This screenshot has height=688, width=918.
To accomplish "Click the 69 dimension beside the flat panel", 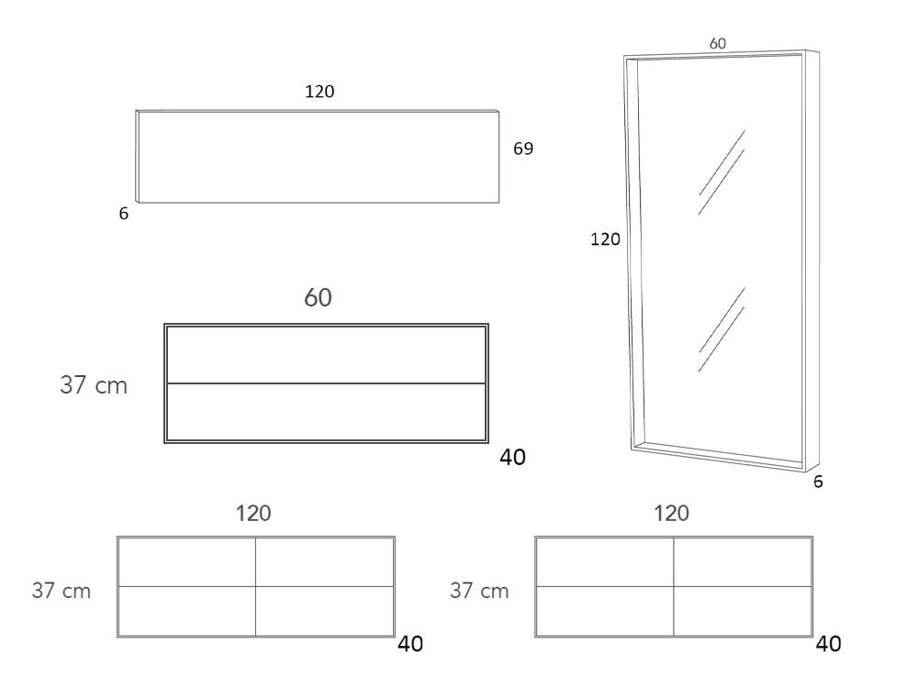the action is point(523,149).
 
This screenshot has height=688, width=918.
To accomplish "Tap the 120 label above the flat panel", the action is point(319,91).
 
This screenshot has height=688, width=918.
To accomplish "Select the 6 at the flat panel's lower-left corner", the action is point(124,214).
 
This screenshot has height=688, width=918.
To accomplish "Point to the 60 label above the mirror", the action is point(717,43).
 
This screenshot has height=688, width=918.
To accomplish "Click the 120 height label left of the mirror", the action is point(605,239).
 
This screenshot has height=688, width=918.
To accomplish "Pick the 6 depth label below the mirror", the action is point(818,482).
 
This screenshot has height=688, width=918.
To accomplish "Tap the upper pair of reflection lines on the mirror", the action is point(722,172).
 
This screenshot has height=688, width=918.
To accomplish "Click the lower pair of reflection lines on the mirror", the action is point(722,329).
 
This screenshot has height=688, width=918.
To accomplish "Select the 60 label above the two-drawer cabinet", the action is point(318,298).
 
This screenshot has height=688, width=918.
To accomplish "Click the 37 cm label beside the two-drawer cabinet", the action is point(94,385).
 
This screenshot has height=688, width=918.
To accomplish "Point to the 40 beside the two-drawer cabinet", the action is point(512,457).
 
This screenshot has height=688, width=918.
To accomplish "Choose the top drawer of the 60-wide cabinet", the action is point(326,354).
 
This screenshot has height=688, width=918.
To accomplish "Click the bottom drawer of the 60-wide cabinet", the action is point(326,412).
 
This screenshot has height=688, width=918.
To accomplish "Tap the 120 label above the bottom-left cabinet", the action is point(253,513).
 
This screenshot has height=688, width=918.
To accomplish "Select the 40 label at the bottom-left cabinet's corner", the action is point(409,644).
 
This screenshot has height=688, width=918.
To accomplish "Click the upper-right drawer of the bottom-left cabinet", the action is point(324,562).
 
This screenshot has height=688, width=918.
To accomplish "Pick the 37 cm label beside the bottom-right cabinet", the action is point(479,590).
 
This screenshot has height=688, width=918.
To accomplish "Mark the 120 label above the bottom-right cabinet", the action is point(671,513).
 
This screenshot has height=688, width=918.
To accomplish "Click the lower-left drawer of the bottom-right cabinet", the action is point(605,611).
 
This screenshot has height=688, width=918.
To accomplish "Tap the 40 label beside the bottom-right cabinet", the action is point(828,644).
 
